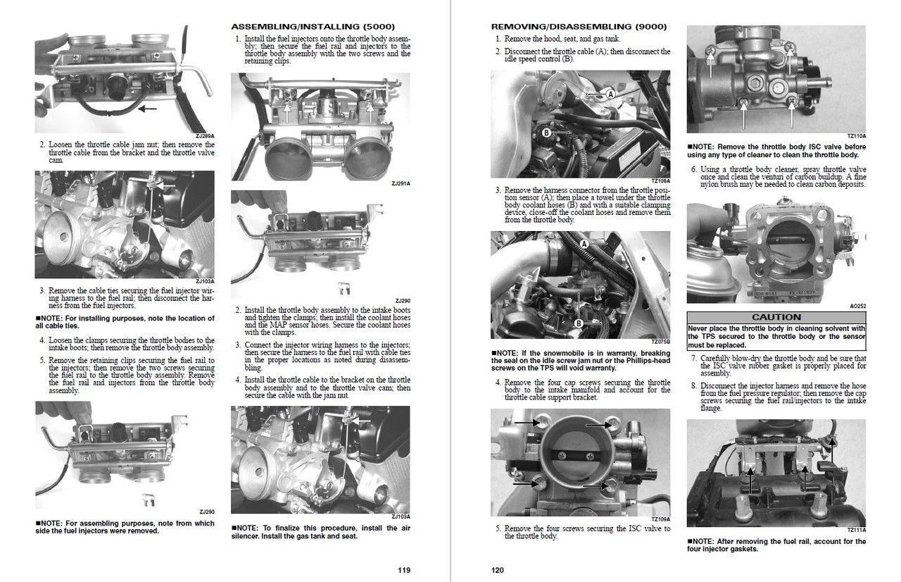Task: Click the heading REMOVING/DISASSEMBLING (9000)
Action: coord(579,27)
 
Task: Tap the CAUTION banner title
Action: coord(776,317)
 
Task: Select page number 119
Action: coord(403,570)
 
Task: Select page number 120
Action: coord(498,570)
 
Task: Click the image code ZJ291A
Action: coord(401,183)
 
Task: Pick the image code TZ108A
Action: coord(661,180)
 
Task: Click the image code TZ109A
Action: coord(661,519)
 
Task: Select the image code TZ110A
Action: coord(857,136)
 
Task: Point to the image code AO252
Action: coord(858,307)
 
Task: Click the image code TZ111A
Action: coord(857,530)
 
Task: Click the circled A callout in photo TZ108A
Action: coord(610,94)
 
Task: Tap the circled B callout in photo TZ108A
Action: coord(546,132)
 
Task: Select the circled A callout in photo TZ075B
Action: coord(583,242)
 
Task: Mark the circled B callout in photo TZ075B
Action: coord(578,323)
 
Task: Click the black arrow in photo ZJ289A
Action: coord(148,109)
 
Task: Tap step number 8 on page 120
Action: coord(693,385)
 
